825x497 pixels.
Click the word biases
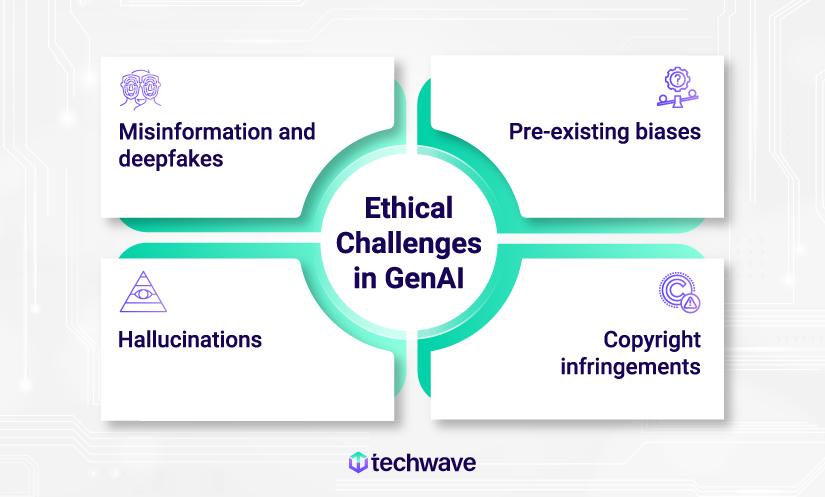(667, 131)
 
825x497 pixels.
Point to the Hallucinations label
(190, 340)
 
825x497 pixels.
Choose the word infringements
(630, 366)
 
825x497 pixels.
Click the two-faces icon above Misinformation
(141, 88)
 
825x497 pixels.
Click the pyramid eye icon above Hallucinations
(141, 291)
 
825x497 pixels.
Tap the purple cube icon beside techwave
(357, 463)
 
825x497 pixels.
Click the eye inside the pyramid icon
(141, 297)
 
